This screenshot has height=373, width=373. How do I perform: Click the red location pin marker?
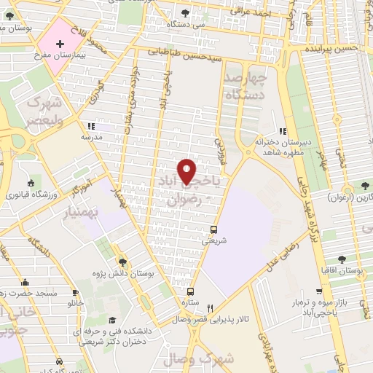click(187, 170)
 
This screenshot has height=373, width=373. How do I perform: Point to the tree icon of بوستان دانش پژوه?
click(122, 259)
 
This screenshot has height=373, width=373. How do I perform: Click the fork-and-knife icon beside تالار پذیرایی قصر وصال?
click(209, 307)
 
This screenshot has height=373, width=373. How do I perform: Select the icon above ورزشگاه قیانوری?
click(31, 182)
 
